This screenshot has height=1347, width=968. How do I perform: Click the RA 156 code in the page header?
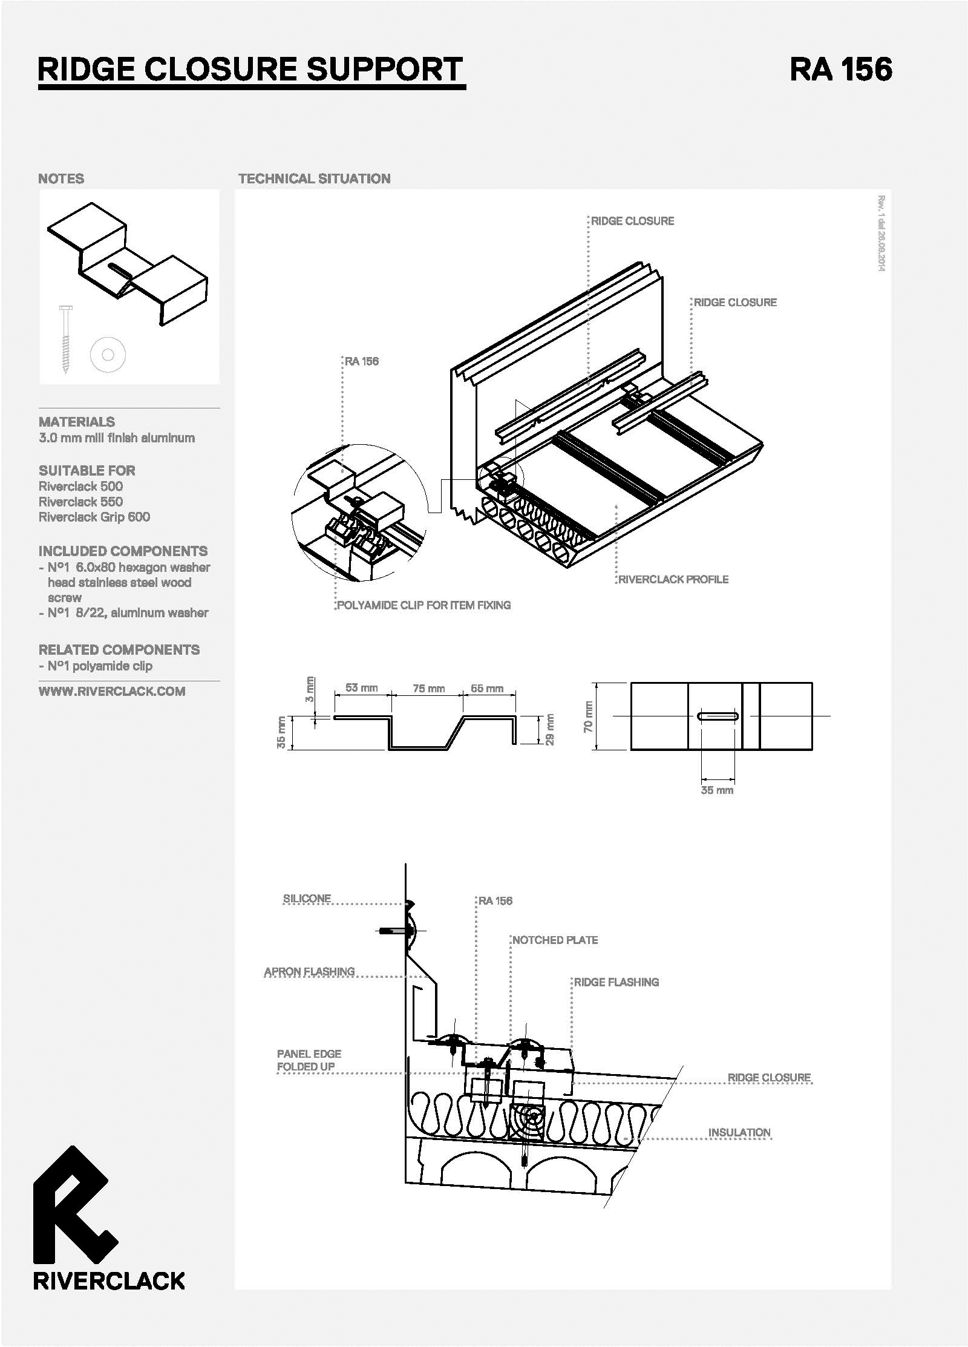point(840,69)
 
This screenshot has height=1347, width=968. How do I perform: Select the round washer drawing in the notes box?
point(108,354)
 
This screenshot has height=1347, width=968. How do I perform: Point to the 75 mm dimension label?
point(428,689)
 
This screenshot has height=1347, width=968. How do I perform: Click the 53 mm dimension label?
point(361,688)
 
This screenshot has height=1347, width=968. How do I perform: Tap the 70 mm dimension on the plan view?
point(588,716)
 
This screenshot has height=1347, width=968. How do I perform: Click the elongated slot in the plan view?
point(718,716)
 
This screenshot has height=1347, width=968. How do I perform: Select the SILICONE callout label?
point(307,899)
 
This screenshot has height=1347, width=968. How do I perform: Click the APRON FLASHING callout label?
point(309,971)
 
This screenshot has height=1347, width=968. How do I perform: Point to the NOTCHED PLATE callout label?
point(555,940)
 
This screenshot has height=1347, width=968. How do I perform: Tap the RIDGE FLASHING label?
point(616,982)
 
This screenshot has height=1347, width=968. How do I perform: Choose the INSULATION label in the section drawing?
point(739,1132)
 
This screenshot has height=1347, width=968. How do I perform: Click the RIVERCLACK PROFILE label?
point(673,579)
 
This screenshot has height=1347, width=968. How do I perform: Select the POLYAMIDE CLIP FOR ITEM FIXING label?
point(423,605)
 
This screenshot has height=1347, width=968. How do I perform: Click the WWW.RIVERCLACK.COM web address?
point(112,692)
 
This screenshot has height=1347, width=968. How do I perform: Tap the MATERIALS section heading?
point(77,422)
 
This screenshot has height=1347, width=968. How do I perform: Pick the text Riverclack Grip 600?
point(94,517)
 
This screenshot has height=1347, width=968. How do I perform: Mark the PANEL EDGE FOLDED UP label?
point(309,1060)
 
